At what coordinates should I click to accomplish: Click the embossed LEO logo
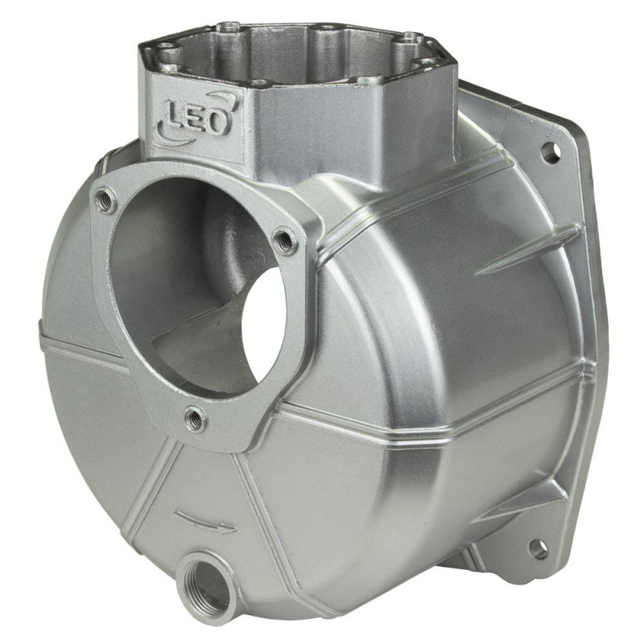197,116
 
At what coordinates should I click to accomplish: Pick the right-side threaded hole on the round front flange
286,242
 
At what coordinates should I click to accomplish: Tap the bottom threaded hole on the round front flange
195,419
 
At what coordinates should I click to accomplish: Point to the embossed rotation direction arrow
204,521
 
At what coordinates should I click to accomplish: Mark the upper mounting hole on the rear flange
551,153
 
